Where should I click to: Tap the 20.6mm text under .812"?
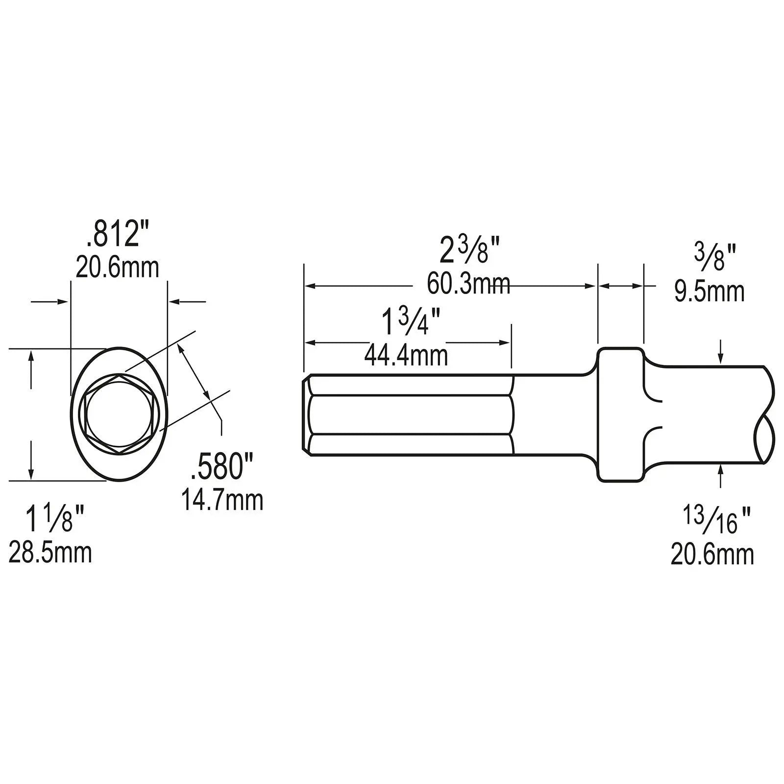point(118,268)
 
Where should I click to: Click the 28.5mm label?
point(50,553)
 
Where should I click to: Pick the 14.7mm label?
point(222,500)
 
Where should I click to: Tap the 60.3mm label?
point(468,284)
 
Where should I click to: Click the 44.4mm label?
point(406,356)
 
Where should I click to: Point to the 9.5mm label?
point(709,292)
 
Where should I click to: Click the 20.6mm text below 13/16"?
point(712,555)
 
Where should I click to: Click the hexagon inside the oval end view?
point(120,415)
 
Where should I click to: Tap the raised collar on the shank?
point(620,415)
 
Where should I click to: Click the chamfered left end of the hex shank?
point(305,415)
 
